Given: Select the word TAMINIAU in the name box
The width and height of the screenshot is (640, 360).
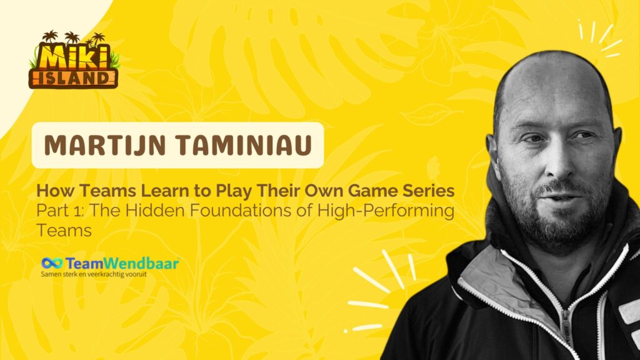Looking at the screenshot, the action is [245, 145].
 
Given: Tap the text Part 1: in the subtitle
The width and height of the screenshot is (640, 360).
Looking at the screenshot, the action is [61, 211].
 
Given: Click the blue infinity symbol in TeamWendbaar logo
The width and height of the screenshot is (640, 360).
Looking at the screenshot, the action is [52, 263].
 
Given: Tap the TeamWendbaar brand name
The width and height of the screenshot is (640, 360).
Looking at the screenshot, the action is [122, 263].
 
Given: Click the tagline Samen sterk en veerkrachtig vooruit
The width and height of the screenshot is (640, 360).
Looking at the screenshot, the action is [94, 274].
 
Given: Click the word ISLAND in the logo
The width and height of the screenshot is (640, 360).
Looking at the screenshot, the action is [74, 78].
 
